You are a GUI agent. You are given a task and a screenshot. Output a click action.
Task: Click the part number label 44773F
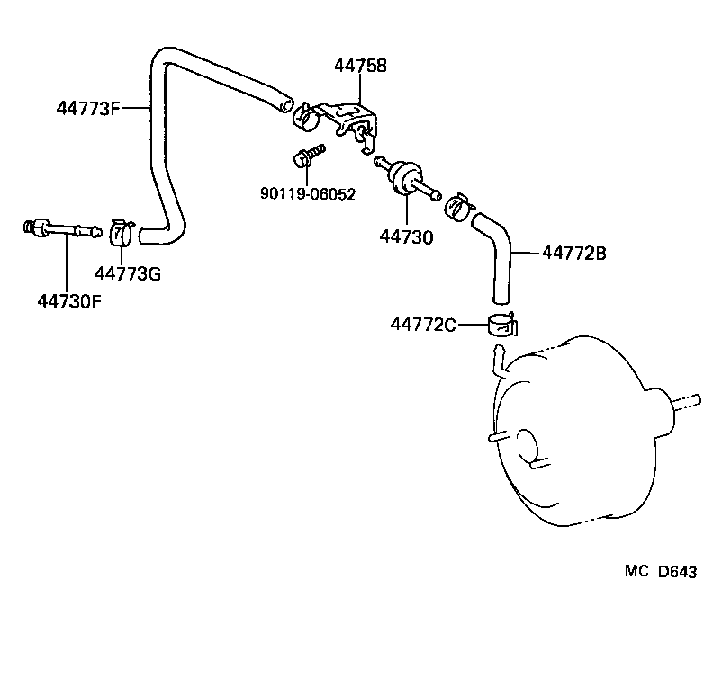pyautogui.click(x=88, y=109)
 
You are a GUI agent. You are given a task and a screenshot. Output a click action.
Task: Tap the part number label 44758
pyautogui.click(x=360, y=66)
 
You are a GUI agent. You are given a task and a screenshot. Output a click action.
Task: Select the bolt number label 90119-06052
pyautogui.click(x=309, y=193)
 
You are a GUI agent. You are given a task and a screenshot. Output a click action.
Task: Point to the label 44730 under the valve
pyautogui.click(x=406, y=237)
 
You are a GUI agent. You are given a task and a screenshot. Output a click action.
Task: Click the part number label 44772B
pyautogui.click(x=574, y=254)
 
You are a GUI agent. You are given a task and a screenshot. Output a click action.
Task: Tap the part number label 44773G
pyautogui.click(x=128, y=273)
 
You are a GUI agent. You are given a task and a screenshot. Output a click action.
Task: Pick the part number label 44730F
pyautogui.click(x=68, y=300)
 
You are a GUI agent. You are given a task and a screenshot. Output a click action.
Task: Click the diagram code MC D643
pyautogui.click(x=660, y=573)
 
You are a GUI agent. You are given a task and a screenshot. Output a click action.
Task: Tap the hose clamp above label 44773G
pyautogui.click(x=122, y=232)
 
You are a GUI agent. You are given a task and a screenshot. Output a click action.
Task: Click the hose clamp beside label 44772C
pyautogui.click(x=503, y=324)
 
